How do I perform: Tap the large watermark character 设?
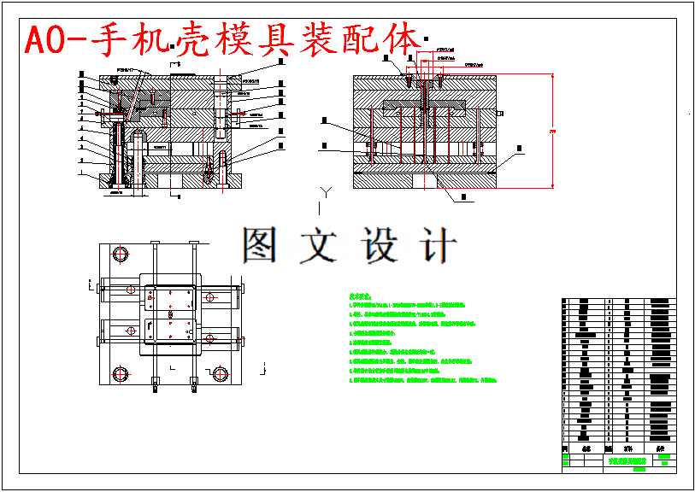(x=377, y=246)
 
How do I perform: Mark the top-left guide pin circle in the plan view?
(x=118, y=255)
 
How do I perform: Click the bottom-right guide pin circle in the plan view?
(x=221, y=373)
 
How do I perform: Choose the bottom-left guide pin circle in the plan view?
(x=118, y=373)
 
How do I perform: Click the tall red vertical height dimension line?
(x=552, y=129)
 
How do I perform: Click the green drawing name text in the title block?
(x=625, y=460)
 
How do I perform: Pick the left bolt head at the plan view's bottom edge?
(x=155, y=381)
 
